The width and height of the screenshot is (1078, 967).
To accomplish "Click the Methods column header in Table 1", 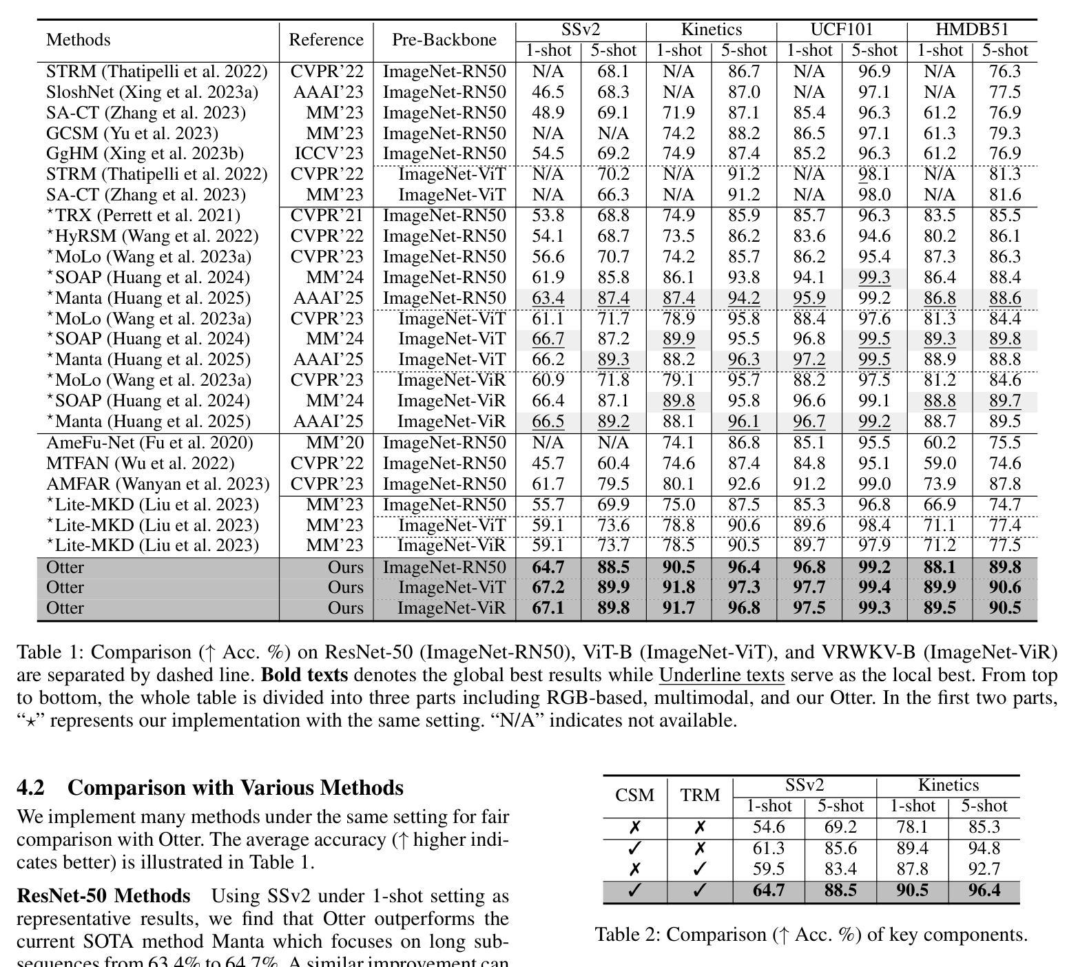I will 78,40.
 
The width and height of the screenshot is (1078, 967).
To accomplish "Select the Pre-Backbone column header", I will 444,40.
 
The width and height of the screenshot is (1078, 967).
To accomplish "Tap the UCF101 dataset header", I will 841,30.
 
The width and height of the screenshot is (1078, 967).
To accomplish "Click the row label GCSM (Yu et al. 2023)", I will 132,133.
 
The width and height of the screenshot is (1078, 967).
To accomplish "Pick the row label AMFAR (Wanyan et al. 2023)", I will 158,484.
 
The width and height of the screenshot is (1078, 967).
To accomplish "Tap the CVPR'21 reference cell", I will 326,216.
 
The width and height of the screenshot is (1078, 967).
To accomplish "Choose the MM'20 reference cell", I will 335,443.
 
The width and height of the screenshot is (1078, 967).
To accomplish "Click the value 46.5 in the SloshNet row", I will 548,92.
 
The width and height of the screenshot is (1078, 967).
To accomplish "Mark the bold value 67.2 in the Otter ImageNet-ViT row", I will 548,588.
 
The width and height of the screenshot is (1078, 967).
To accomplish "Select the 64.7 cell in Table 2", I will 769,891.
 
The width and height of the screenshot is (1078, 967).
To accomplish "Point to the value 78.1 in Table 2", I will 913,827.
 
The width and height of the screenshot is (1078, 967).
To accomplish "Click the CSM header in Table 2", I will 634,796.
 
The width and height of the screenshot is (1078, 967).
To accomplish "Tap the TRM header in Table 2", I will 700,796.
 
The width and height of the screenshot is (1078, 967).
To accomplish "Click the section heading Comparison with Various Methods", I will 235,787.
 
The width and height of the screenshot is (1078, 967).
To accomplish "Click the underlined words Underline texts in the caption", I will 721,675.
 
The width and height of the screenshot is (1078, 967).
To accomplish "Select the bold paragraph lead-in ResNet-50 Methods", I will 103,896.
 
